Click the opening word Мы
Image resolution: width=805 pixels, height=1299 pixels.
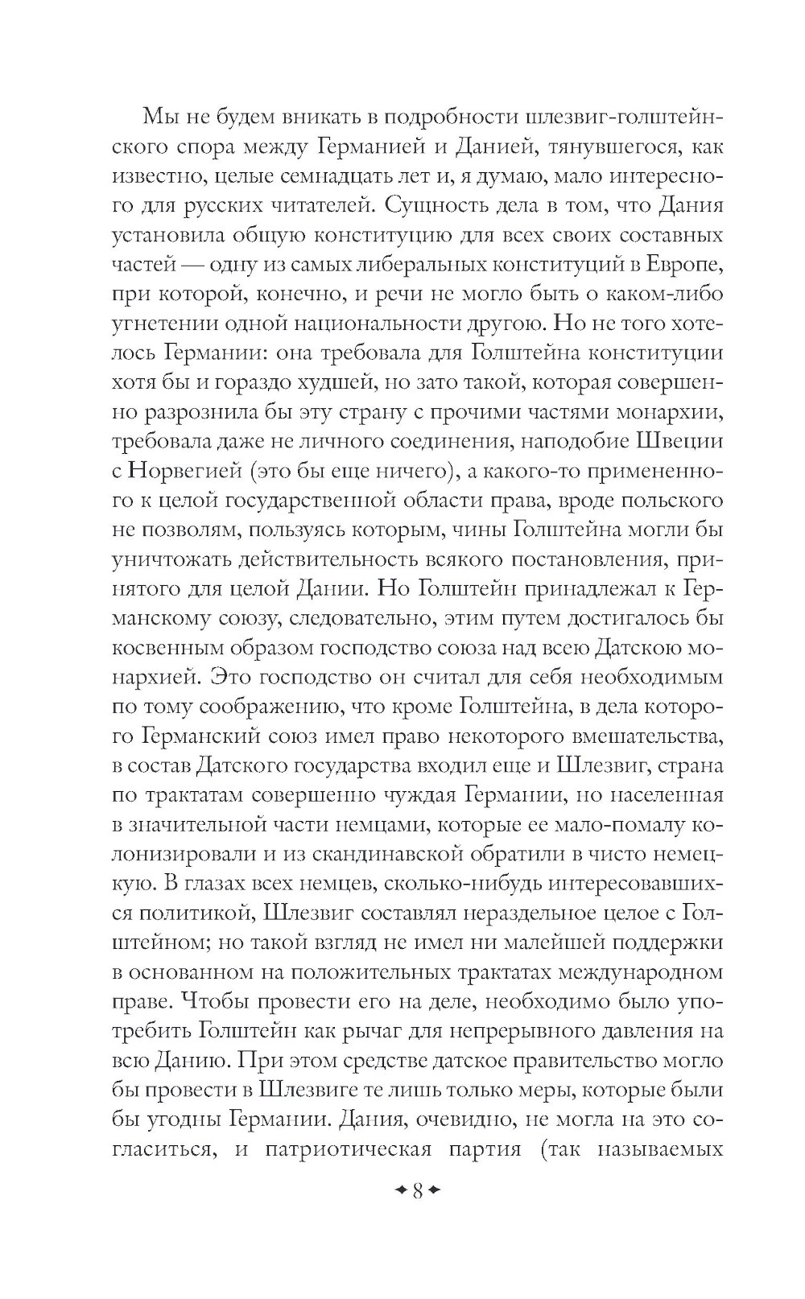[162, 118]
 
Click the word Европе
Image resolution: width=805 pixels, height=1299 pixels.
[688, 264]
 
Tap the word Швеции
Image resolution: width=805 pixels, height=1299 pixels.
[680, 441]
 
